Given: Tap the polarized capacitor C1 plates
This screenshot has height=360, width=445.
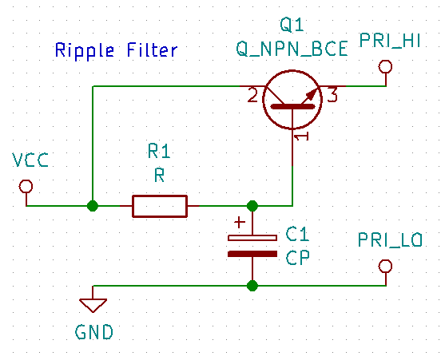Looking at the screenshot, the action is (x=252, y=246).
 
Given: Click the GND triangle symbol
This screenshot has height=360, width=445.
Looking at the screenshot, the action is (x=93, y=305).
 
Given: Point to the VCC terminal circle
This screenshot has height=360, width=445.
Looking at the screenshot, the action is (x=26, y=186).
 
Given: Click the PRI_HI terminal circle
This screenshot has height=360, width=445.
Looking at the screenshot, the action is (x=385, y=67).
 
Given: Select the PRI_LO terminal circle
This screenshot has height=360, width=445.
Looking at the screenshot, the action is (x=385, y=267).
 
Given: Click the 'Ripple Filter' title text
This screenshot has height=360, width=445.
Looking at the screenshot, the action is (x=116, y=51).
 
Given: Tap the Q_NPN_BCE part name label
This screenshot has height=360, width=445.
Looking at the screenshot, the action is (x=292, y=49).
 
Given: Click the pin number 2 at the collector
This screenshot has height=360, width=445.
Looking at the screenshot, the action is (x=252, y=95).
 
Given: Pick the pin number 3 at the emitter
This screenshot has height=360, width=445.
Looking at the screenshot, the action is (x=332, y=95).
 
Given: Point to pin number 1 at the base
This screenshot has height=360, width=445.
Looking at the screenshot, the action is (x=301, y=137).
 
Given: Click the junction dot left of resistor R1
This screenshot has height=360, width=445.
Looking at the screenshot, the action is (x=93, y=206).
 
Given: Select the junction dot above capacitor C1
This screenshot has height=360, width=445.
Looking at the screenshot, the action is (x=252, y=206).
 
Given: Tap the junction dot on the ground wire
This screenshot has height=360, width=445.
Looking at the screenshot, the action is (x=252, y=286).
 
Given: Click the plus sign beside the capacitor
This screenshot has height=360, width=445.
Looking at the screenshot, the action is (x=240, y=223).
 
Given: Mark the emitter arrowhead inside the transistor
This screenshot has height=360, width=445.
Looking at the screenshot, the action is (x=312, y=94).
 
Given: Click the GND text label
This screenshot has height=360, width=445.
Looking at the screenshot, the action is (x=94, y=332).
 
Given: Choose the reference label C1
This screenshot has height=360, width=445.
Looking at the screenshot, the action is (x=297, y=234).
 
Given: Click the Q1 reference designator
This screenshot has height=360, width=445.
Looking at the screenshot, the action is (x=292, y=25).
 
